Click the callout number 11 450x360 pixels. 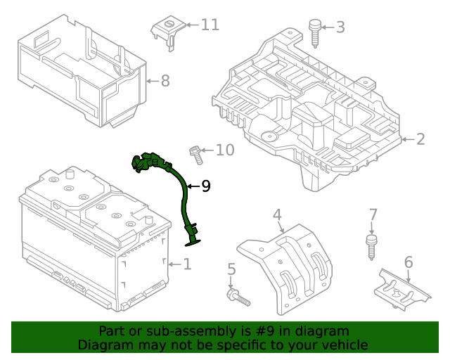tap(210, 25)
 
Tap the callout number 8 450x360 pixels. tap(165, 82)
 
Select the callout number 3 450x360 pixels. tap(340, 27)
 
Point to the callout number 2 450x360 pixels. tap(420, 139)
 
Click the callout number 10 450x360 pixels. tap(224, 150)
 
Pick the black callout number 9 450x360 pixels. tap(206, 186)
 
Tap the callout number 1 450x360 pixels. tap(187, 264)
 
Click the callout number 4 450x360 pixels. tap(277, 214)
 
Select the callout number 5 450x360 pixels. tap(231, 269)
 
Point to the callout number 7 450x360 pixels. tap(373, 214)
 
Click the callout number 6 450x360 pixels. tap(409, 262)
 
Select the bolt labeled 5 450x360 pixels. tap(238, 297)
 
